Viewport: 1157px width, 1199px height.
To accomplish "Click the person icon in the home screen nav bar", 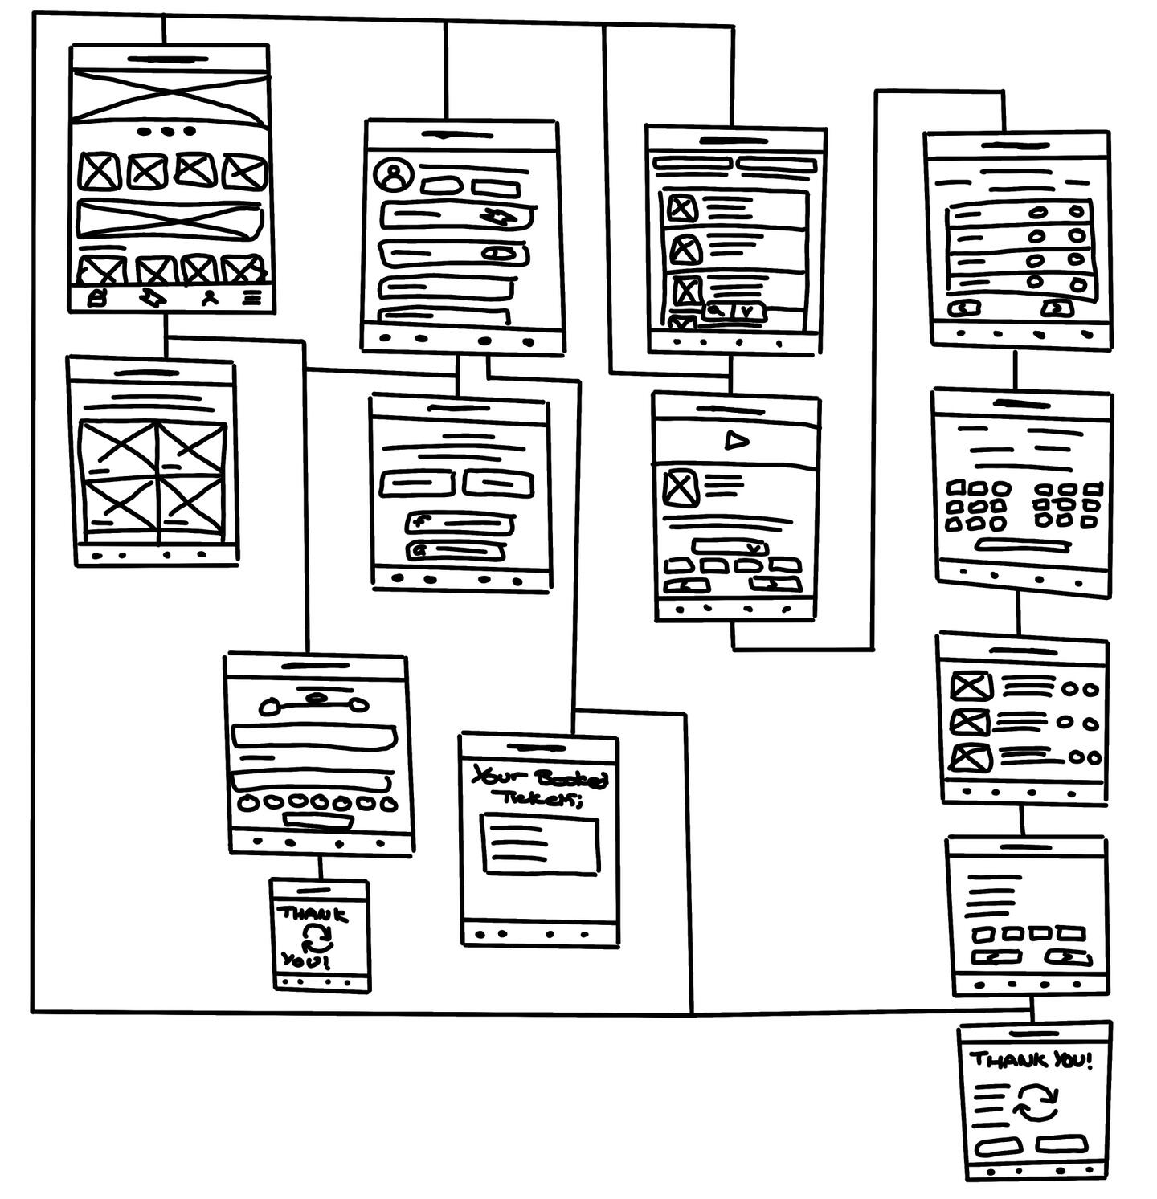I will pos(210,297).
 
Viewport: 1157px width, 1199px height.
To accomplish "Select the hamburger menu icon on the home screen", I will pos(252,297).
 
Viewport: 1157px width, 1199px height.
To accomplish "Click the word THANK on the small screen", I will pos(313,914).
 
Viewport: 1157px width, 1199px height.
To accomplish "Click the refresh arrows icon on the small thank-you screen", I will pos(317,936).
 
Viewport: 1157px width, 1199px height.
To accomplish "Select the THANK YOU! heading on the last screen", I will pos(1032,1060).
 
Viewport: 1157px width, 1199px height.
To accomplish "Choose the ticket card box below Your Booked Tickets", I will pos(540,844).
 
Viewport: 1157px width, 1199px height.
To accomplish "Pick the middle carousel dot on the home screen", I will pos(167,131).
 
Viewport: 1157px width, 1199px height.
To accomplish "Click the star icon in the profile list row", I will pos(495,216).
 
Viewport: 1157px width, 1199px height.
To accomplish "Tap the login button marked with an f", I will pos(460,522).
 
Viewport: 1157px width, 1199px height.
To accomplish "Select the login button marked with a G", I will pos(456,551).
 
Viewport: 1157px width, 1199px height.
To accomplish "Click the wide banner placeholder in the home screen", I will pos(170,219).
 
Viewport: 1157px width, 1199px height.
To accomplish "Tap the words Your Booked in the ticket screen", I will pos(540,777).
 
